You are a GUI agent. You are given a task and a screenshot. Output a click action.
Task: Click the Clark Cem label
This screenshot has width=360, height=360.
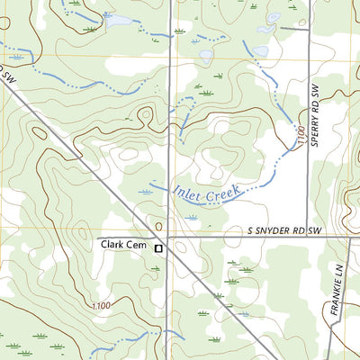(x=124, y=244)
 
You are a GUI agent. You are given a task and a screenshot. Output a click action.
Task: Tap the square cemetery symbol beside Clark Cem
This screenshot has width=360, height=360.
(x=158, y=247)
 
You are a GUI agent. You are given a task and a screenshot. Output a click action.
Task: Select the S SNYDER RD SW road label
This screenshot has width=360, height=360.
(x=284, y=231)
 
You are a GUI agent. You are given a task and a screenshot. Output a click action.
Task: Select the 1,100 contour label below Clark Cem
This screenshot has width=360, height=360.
(x=100, y=307)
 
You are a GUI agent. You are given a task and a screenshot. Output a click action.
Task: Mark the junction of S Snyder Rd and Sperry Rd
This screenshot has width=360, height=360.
(x=308, y=237)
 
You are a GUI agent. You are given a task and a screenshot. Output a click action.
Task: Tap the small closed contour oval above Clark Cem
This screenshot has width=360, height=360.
(x=158, y=226)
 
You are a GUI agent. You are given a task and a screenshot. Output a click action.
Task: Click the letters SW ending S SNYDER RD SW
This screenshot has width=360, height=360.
(x=313, y=231)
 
